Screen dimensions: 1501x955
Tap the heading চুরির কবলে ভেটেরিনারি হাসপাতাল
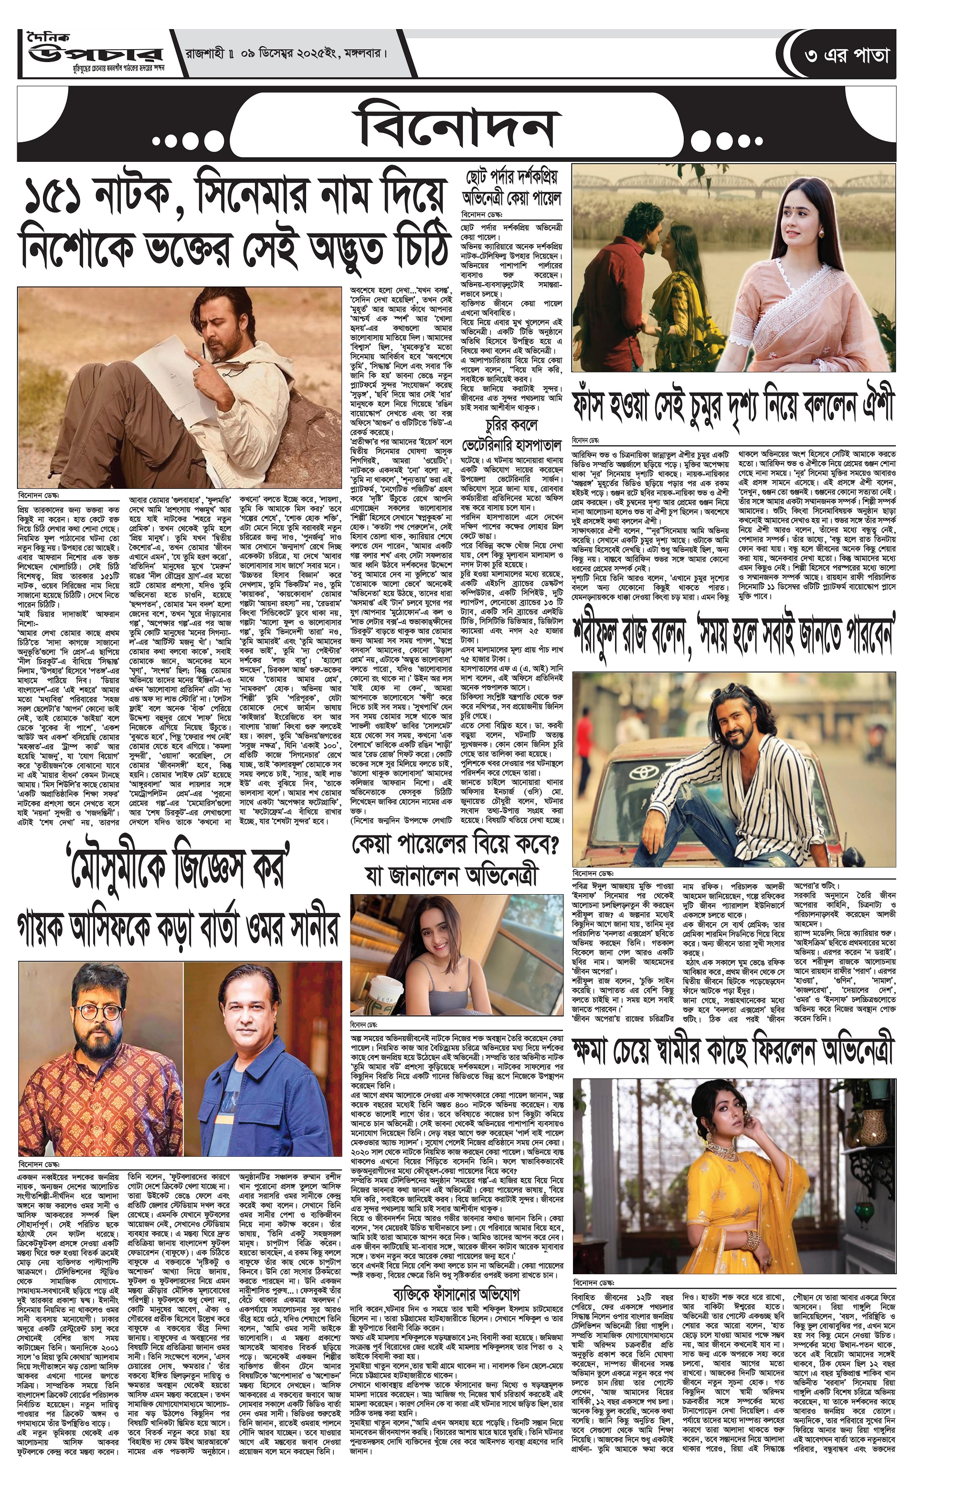(x=511, y=436)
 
